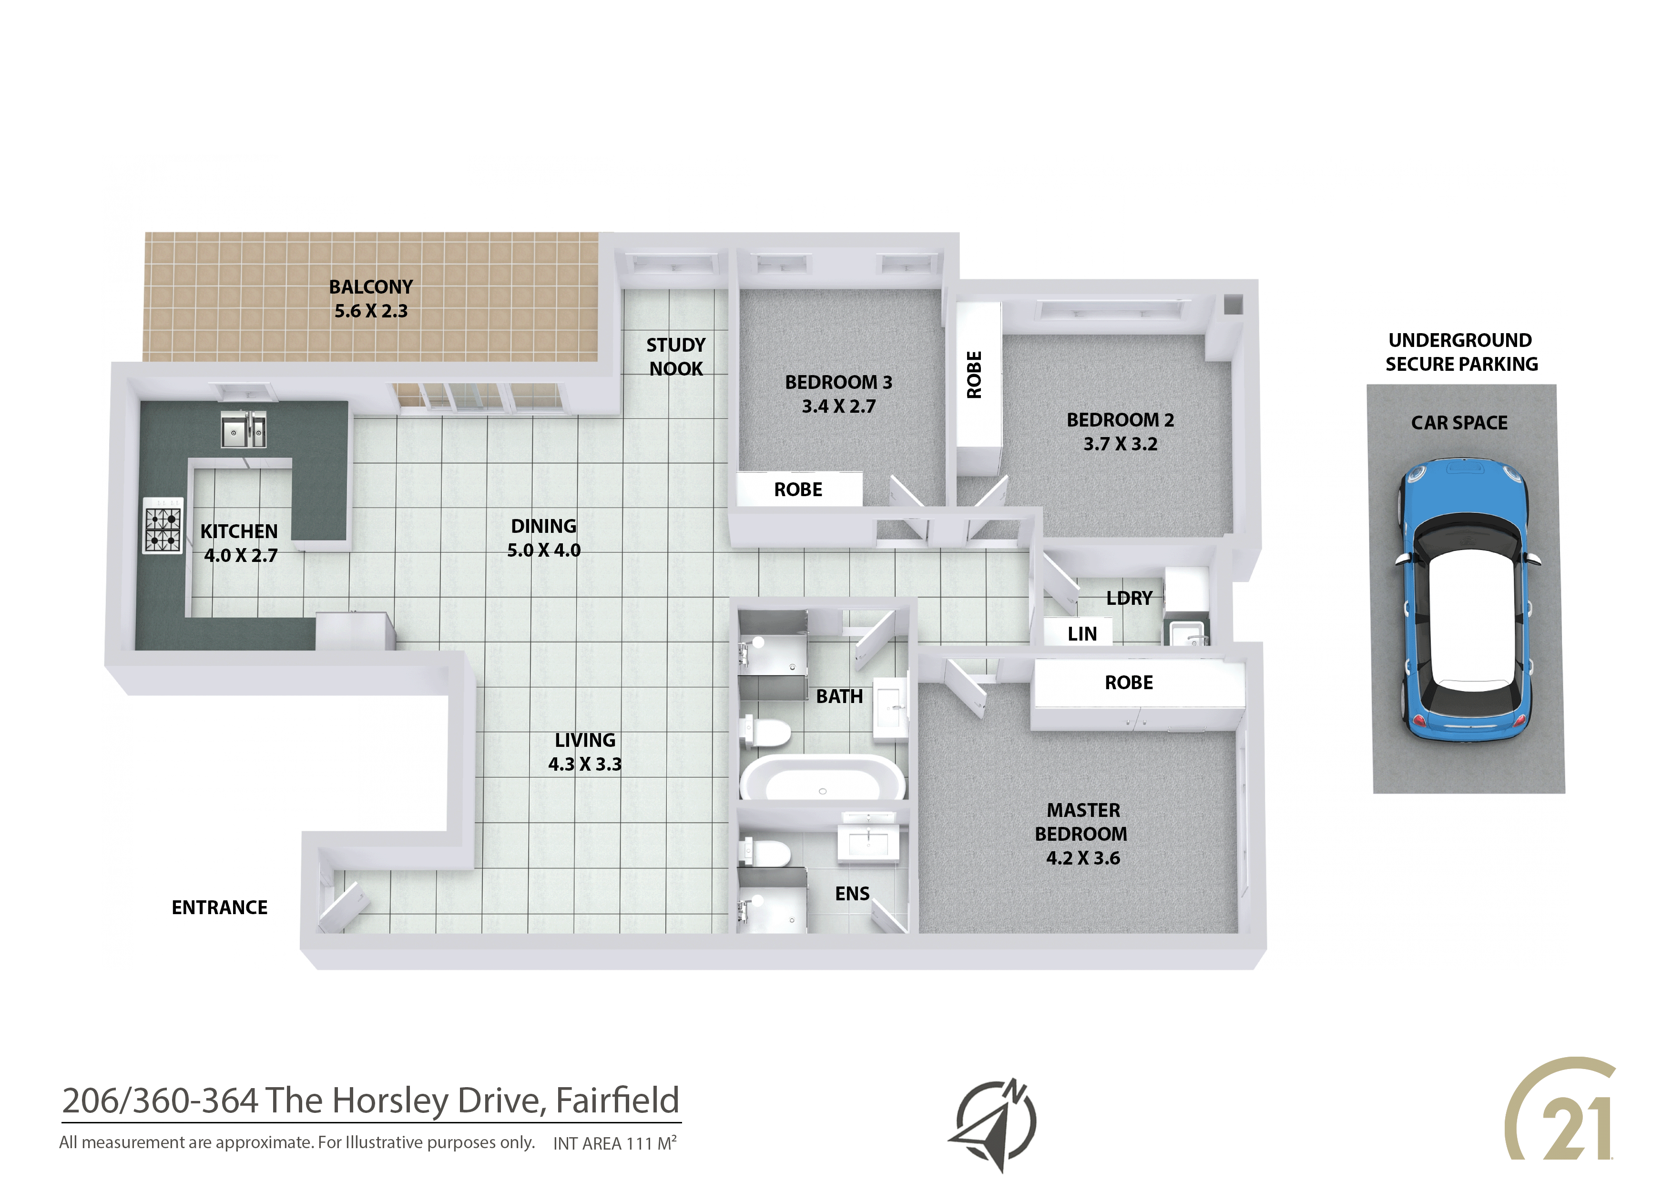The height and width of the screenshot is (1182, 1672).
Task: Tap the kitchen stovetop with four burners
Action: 163,526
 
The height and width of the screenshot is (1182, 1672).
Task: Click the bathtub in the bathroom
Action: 823,778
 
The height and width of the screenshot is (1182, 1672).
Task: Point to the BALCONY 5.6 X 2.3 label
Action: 371,298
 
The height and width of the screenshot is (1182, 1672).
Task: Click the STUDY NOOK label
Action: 676,357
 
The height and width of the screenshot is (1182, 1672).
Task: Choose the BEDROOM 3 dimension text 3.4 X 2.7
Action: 839,407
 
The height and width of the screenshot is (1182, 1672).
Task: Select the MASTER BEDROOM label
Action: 1082,822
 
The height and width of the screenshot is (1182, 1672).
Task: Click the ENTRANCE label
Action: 219,907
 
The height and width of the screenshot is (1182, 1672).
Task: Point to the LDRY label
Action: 1129,598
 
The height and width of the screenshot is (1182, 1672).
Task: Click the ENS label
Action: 852,894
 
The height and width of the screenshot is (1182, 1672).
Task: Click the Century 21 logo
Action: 1560,1120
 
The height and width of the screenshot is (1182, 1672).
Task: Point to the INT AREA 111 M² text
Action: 615,1142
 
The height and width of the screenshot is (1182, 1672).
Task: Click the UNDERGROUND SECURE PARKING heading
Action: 1461,352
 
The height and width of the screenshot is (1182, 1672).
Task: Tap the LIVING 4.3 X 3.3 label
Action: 585,752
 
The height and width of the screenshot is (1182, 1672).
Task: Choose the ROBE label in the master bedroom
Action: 1129,683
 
